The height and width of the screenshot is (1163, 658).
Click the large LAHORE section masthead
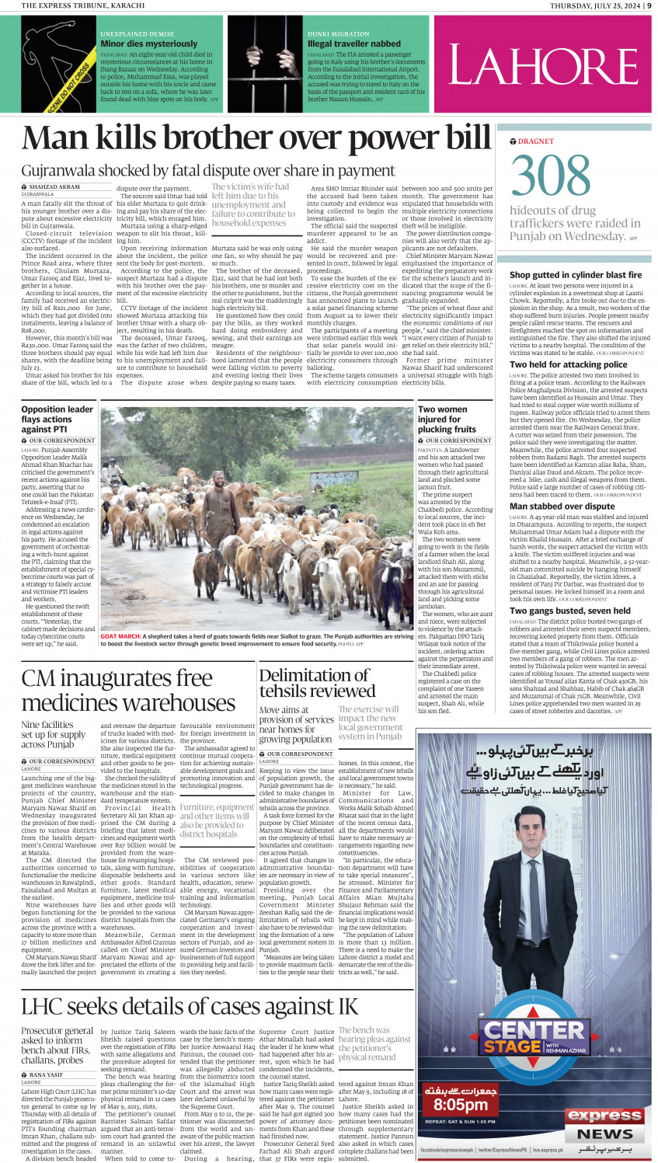[544, 65]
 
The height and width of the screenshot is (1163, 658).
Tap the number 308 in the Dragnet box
[551, 176]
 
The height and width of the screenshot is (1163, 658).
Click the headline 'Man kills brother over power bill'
[256, 139]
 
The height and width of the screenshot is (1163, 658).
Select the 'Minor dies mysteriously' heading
[149, 44]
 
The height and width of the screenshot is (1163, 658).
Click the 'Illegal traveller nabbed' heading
[354, 44]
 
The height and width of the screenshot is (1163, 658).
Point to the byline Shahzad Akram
[54, 187]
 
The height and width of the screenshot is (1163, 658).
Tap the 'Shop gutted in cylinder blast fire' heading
[576, 275]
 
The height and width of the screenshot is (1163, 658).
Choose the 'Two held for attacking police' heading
[568, 364]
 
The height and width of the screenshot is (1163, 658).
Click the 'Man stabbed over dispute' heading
[562, 506]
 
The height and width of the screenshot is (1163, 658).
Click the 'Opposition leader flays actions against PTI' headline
[57, 419]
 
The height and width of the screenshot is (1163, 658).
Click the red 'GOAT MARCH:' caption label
[120, 636]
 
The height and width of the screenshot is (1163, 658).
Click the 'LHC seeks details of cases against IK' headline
[190, 1006]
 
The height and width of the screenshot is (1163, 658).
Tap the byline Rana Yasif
[47, 1075]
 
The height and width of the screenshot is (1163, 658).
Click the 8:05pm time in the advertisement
[460, 1104]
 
